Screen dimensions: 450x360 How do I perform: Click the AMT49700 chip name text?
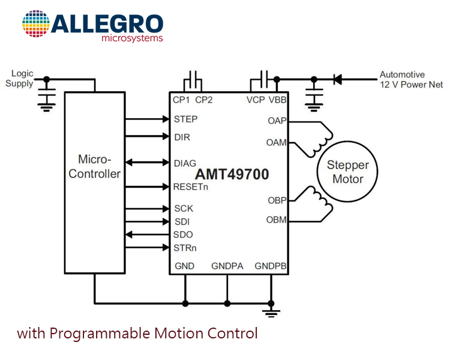click(x=232, y=174)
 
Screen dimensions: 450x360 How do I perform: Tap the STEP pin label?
click(x=185, y=119)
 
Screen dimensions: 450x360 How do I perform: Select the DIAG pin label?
click(x=185, y=163)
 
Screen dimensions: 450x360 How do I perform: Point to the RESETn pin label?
click(x=191, y=187)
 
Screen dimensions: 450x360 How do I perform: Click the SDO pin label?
click(x=183, y=235)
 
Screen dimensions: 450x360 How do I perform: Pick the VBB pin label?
click(x=278, y=100)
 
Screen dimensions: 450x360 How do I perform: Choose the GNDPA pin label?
click(x=227, y=266)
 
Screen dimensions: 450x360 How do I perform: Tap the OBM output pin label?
click(x=277, y=220)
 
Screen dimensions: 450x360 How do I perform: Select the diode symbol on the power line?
click(x=338, y=79)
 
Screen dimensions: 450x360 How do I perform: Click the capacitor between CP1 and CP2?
click(x=193, y=80)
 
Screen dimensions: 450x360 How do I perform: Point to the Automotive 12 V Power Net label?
click(x=411, y=80)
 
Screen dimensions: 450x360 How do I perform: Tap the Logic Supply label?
click(x=19, y=79)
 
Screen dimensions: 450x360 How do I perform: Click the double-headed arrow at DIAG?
click(x=147, y=163)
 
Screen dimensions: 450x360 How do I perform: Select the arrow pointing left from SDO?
click(x=147, y=235)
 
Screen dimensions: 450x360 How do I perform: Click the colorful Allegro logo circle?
click(x=36, y=23)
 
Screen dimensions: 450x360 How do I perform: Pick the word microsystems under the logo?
click(x=133, y=38)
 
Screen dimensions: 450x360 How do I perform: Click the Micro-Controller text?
click(x=94, y=167)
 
